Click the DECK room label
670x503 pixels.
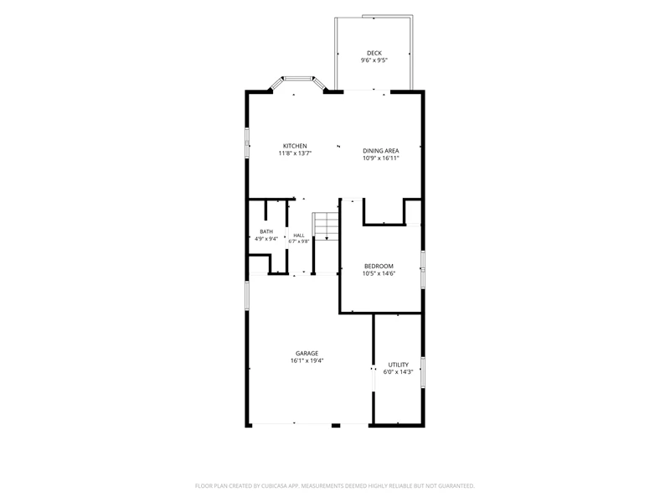click(x=374, y=53)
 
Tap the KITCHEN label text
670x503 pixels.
click(x=295, y=146)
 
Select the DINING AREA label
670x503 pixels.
click(x=381, y=151)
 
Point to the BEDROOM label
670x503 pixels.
click(x=379, y=266)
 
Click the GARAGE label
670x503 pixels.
click(x=307, y=353)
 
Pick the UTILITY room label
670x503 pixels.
click(x=399, y=365)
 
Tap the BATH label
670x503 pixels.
click(x=266, y=231)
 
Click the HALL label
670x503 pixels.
click(x=299, y=236)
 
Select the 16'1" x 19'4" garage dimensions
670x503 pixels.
click(x=307, y=360)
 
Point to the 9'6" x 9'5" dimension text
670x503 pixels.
click(x=374, y=60)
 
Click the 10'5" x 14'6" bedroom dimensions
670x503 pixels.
click(x=379, y=273)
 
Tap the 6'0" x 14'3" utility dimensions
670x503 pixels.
click(x=399, y=371)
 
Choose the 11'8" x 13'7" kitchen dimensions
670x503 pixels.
click(x=295, y=153)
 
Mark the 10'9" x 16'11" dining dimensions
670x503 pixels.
click(x=381, y=158)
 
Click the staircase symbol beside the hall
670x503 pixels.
click(x=326, y=226)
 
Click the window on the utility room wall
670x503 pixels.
click(x=423, y=372)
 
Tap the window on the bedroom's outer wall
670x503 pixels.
click(x=423, y=269)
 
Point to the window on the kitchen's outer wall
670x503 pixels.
click(x=247, y=143)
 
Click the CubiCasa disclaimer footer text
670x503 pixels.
click(x=334, y=486)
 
